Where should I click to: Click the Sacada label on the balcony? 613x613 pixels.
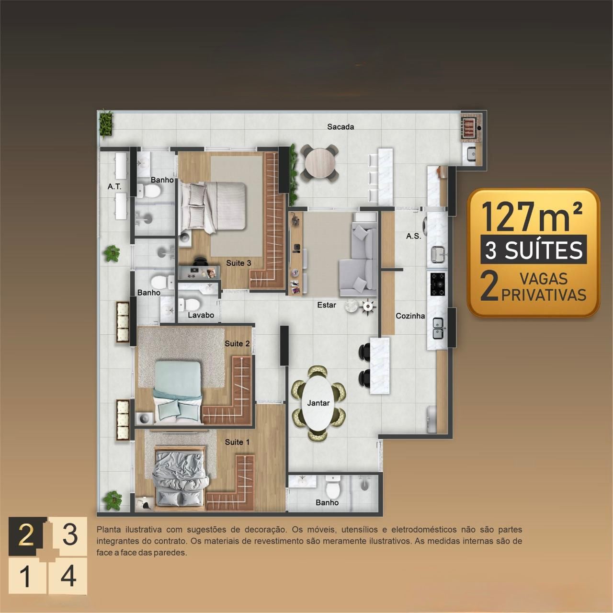coord(341,126)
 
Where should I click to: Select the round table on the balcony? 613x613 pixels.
coord(319,163)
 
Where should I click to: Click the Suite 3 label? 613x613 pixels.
coord(238,263)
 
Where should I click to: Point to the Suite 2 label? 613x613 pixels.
coord(238,343)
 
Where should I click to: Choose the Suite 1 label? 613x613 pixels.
coord(238,442)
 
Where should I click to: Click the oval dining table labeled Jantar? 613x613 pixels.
coord(318,403)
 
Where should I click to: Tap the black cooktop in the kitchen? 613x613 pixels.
coord(438,284)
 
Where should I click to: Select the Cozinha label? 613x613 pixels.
coord(410,316)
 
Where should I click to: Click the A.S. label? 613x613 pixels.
coord(414,236)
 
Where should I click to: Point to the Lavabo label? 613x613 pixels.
coord(201,315)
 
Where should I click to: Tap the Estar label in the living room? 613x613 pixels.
coord(327,305)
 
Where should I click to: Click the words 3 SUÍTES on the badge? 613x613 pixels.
coord(534,250)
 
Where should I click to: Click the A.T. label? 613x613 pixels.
coord(114,186)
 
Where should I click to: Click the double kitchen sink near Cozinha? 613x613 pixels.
coord(438,328)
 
